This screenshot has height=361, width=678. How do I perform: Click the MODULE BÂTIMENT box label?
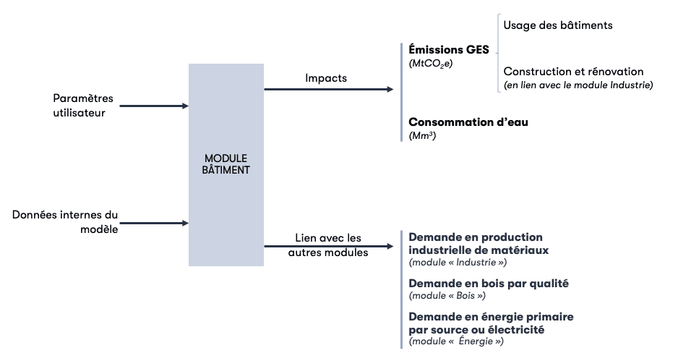click(x=226, y=164)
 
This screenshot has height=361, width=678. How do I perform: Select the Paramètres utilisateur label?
click(x=83, y=105)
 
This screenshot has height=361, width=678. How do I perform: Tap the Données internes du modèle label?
click(x=65, y=223)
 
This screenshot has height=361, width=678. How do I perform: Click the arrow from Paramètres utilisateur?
click(x=153, y=106)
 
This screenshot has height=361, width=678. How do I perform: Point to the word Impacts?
click(x=326, y=77)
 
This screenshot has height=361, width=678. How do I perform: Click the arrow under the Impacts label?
click(x=328, y=90)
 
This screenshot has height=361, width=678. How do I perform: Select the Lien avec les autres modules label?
click(x=328, y=245)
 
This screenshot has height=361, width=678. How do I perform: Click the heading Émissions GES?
click(x=449, y=50)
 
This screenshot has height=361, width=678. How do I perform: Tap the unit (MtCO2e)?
click(x=431, y=64)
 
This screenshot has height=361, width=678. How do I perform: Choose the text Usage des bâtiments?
click(x=558, y=25)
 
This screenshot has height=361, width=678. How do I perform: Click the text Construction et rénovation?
click(x=573, y=72)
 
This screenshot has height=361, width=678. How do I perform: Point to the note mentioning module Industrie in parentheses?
click(x=578, y=85)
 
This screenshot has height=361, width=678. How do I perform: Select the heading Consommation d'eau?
click(x=468, y=122)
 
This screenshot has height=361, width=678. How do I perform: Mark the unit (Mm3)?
click(x=423, y=135)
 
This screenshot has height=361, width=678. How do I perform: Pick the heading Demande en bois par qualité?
click(x=489, y=284)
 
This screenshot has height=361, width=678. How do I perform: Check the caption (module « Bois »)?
click(x=447, y=296)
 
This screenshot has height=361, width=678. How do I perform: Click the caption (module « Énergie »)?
click(x=456, y=341)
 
